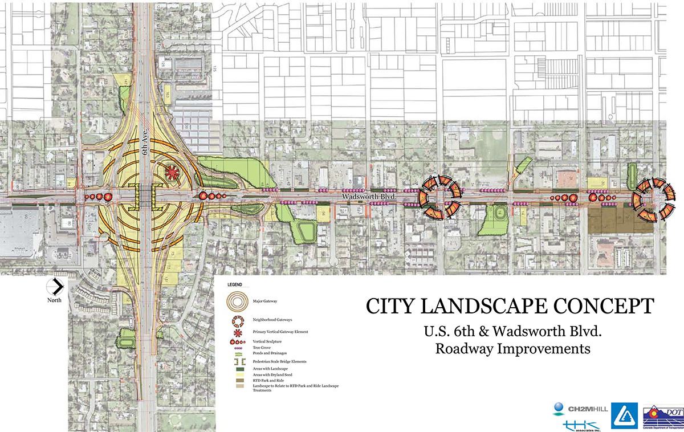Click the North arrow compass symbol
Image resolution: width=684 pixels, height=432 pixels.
55,286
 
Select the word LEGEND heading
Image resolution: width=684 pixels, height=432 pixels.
235,284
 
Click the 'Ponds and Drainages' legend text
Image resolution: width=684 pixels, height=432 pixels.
270,352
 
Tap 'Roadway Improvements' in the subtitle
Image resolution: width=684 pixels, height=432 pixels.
512,348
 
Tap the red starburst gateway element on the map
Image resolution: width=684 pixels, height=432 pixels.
172,171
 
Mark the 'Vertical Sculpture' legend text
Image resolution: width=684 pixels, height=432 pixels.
268,341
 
